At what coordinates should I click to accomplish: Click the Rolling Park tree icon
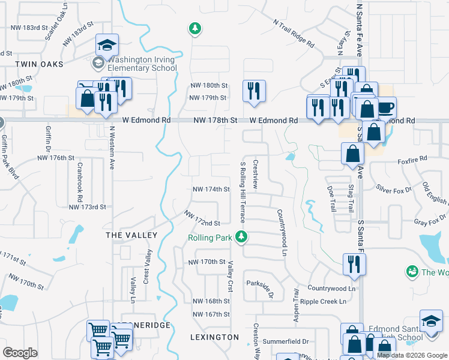click(241, 238)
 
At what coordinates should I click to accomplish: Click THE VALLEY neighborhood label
click(131, 235)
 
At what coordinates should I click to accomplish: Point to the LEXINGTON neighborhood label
click(214, 337)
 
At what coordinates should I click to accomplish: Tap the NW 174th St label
click(211, 189)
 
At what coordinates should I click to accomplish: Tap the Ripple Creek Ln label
click(324, 301)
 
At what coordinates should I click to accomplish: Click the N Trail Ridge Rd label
click(294, 34)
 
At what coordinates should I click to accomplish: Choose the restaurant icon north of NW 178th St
click(254, 91)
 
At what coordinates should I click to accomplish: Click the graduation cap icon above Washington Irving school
click(107, 45)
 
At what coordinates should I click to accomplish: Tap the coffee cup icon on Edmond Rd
click(385, 108)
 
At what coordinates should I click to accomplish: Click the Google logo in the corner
click(20, 353)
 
